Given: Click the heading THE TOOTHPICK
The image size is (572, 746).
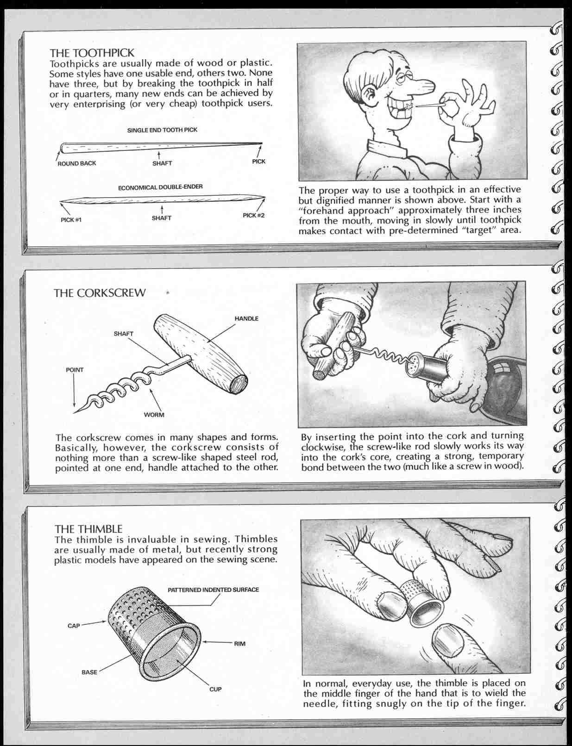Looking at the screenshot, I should point(92,52).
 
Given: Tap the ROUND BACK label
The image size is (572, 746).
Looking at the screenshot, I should point(76,163).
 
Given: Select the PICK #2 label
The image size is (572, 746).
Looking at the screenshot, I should point(254,215).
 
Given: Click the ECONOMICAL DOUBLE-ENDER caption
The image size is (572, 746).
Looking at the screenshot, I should point(160,187).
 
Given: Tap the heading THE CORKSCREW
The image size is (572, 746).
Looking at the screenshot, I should point(100,293).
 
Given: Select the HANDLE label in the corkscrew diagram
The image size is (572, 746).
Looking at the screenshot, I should point(246,318).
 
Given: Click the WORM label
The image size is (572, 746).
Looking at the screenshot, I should point(154,415).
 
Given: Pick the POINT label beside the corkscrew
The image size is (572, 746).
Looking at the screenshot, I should point(75,370).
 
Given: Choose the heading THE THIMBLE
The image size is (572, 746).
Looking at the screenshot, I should point(88,528).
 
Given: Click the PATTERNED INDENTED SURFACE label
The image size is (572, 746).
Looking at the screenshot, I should point(213,590).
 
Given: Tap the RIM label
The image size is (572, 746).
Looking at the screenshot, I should point(239,644).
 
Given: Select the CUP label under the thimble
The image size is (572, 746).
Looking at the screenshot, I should point(215,689).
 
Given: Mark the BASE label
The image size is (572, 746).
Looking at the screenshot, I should point(89,672).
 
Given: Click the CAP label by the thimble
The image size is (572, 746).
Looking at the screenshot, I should point(74,626).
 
